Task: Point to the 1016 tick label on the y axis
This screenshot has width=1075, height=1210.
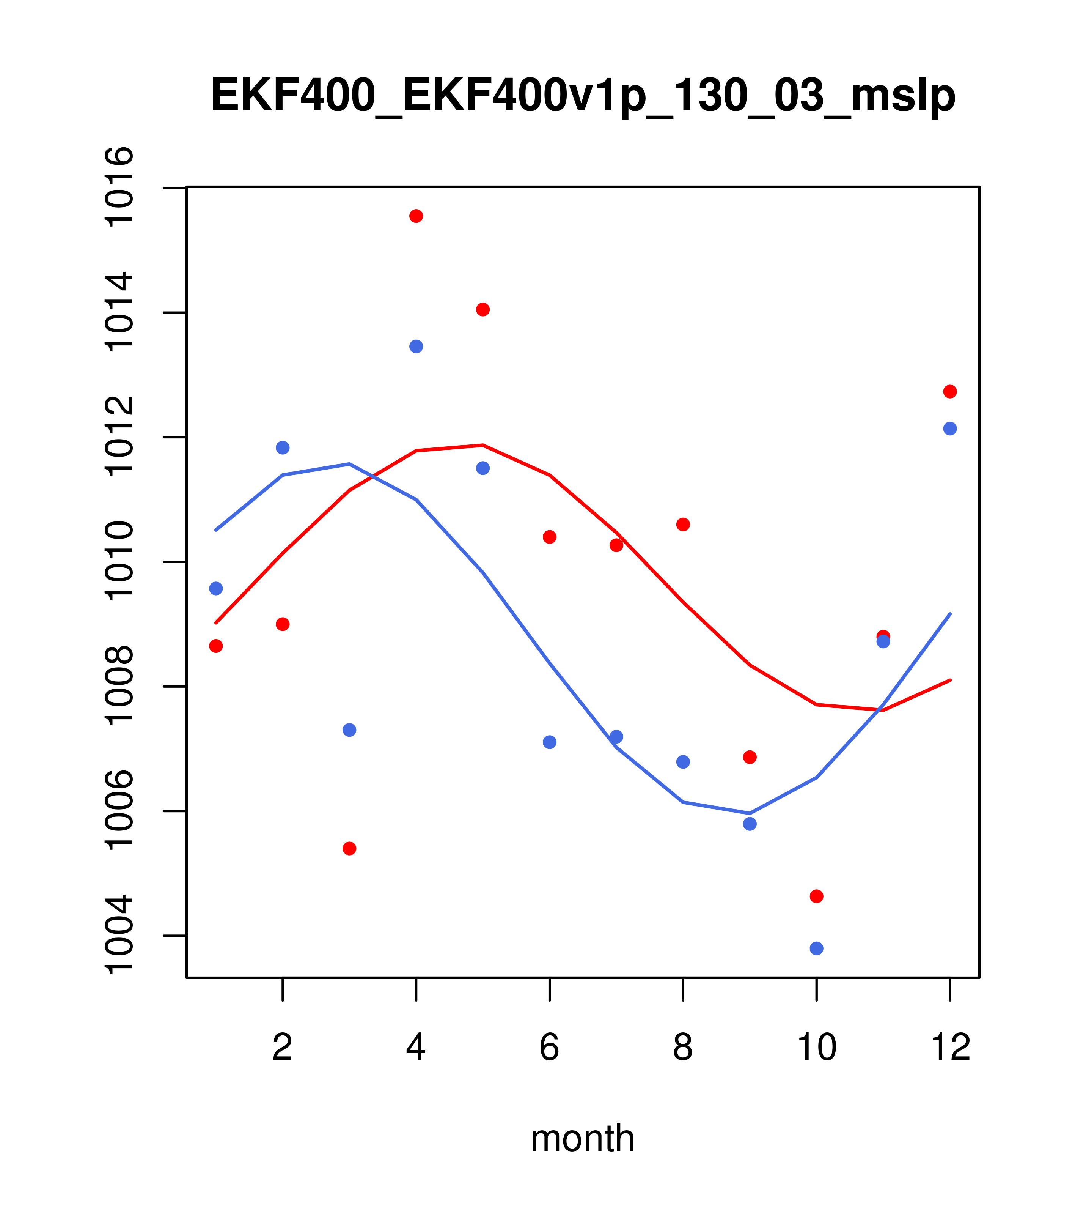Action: pos(118,187)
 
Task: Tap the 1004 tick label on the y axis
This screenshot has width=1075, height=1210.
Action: pos(118,936)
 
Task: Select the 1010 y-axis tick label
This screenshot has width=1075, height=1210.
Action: pos(118,561)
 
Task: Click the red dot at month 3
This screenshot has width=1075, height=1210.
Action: pos(350,848)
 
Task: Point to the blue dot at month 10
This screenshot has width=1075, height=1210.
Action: pos(816,948)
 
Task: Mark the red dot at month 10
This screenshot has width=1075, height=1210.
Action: pos(816,896)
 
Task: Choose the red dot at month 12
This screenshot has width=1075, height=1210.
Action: pos(950,391)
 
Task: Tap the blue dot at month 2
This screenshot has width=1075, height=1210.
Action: pos(283,447)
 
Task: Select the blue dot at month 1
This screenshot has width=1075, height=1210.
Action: pos(216,588)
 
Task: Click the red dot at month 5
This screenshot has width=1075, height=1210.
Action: pos(483,310)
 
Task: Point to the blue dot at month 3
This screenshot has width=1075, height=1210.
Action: pos(350,730)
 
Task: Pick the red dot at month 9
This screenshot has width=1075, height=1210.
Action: pos(750,757)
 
